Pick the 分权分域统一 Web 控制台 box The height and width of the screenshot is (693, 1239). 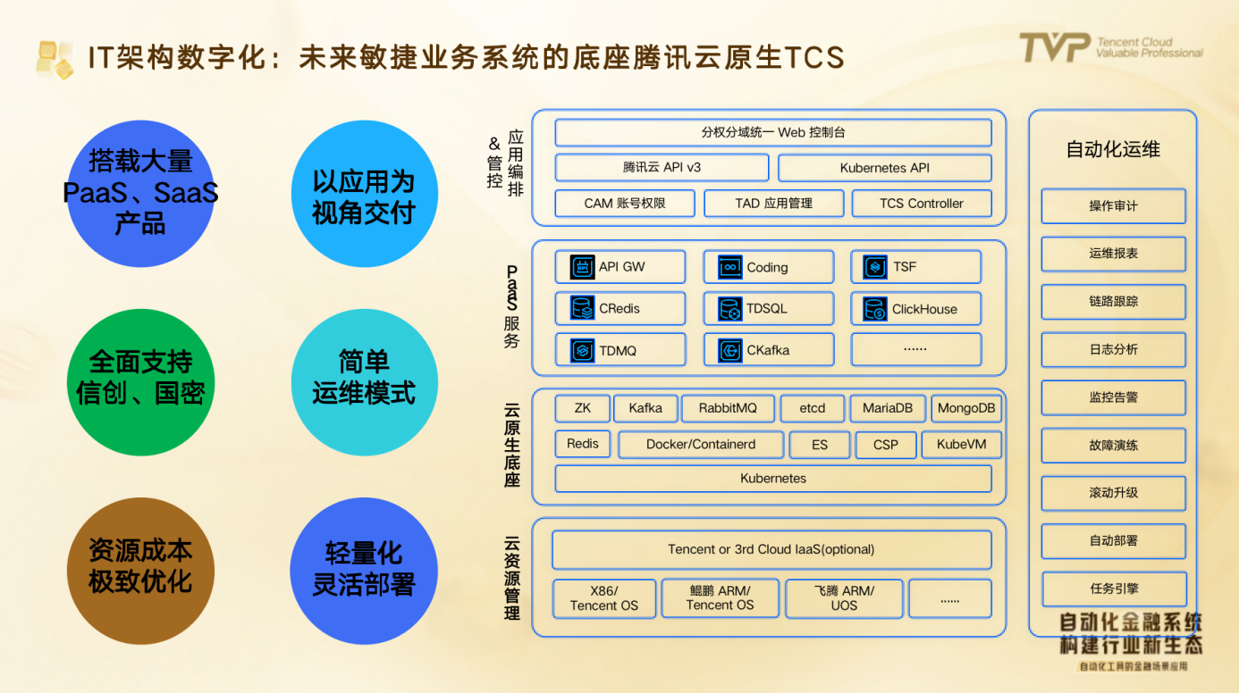(773, 132)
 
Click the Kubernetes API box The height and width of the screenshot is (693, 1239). (884, 168)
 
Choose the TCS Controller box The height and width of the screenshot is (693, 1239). (922, 203)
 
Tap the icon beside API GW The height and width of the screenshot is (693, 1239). (583, 267)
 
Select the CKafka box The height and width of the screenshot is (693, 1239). (768, 350)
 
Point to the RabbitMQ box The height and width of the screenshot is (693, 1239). (728, 408)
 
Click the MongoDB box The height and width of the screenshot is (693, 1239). (965, 408)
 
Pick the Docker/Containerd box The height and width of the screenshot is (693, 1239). (701, 444)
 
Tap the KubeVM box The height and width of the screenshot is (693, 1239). (962, 444)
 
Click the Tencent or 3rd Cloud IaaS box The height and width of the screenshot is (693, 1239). (771, 549)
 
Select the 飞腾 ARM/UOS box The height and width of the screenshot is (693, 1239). (844, 597)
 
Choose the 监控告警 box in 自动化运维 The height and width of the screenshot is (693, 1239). (1113, 397)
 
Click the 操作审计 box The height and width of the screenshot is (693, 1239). (1113, 206)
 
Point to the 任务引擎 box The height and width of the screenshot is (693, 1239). (1114, 589)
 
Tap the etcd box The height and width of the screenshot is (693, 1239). (812, 408)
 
